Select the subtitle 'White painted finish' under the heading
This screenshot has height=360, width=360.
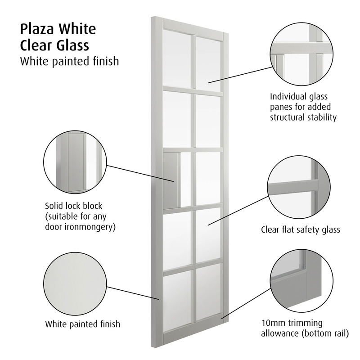coord(69,61)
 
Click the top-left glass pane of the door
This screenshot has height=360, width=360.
coord(176,58)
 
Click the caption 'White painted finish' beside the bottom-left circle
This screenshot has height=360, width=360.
coord(82,324)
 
